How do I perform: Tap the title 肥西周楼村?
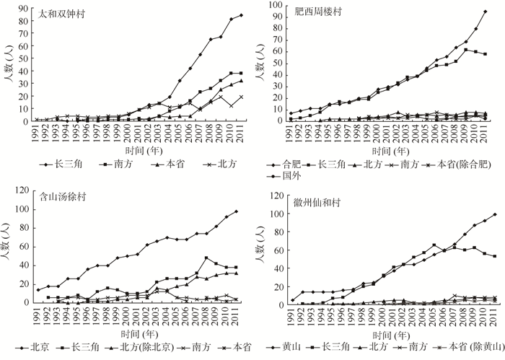[x=309, y=13]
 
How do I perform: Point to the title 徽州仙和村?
[x=309, y=202]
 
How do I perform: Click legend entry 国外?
[x=290, y=175]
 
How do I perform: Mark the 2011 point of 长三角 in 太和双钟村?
[x=241, y=15]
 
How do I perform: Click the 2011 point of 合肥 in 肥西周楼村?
[x=485, y=12]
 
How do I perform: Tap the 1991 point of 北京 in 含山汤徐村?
[x=38, y=290]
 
